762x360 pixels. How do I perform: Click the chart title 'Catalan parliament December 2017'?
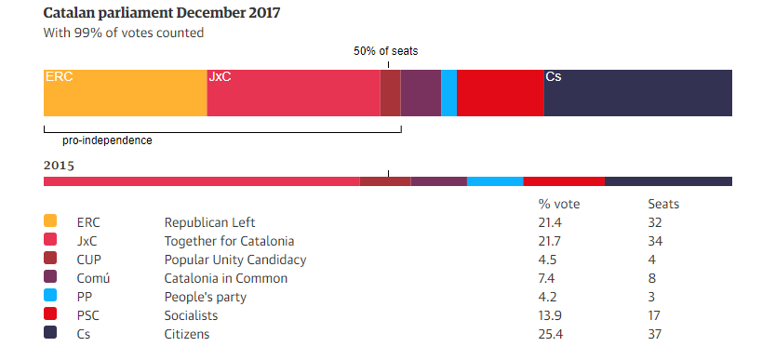162,13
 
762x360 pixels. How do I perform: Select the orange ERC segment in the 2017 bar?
125,92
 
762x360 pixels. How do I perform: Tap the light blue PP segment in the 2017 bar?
448,92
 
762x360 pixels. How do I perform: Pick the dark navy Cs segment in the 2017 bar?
637,92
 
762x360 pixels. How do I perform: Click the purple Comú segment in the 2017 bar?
421,92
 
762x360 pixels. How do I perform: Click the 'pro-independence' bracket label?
107,140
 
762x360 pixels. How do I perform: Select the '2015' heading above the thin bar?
59,166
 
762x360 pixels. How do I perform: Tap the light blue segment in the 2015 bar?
494,181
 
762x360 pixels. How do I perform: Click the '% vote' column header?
558,204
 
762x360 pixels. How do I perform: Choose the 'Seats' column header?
663,204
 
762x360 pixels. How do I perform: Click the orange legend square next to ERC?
50,221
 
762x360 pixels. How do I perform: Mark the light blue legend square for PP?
50,296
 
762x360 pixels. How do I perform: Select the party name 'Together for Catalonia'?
229,241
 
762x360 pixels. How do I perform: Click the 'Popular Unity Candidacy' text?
235,260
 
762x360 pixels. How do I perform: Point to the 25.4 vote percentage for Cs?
551,334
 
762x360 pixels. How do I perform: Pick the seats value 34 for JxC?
656,241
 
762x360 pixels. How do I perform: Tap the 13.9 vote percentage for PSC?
551,315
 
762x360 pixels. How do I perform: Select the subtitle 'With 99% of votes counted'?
124,33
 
